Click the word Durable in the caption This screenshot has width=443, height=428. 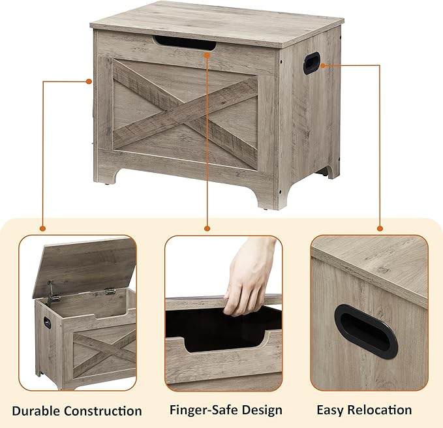coord(36,411)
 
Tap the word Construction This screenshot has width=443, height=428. coord(103,411)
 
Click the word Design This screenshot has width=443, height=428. coord(258,410)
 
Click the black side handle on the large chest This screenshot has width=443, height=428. coord(312,63)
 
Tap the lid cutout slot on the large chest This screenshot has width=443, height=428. coord(185,44)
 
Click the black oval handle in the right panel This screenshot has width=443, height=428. coord(366,331)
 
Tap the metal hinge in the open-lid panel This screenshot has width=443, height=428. coord(110,291)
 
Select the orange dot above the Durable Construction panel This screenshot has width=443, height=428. coord(42,228)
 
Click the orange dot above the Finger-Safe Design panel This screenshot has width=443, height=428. coord(207,228)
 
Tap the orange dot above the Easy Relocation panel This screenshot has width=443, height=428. coord(380,228)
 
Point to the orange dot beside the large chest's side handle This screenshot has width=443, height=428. coord(323,65)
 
